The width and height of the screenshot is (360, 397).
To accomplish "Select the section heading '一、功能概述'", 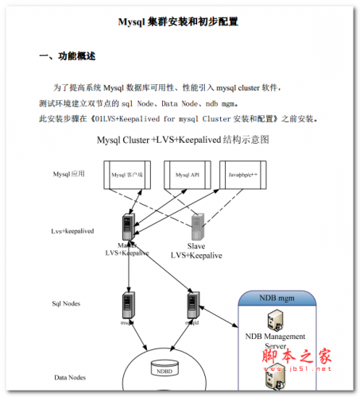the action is pos(68,57).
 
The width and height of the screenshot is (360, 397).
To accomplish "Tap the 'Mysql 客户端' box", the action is pos(127,174).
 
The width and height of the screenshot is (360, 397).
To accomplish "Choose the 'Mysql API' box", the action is pos(188,174).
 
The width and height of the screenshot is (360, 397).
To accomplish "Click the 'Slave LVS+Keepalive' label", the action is pos(196,250).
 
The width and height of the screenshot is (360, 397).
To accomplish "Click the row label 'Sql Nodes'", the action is pos(67,303).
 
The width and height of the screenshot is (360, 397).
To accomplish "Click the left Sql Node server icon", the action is pos(127,305).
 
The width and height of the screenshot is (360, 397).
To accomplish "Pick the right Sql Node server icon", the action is pos(192,305).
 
